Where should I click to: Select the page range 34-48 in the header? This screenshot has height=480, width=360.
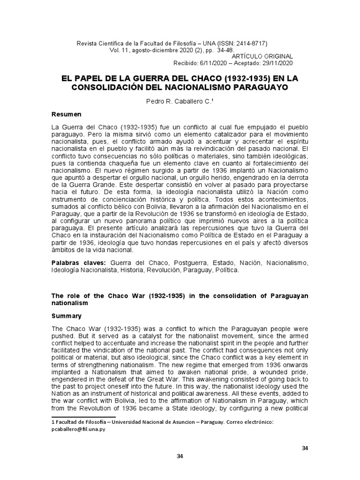tap(223, 50)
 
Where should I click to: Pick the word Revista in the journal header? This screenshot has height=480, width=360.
tap(87, 43)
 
